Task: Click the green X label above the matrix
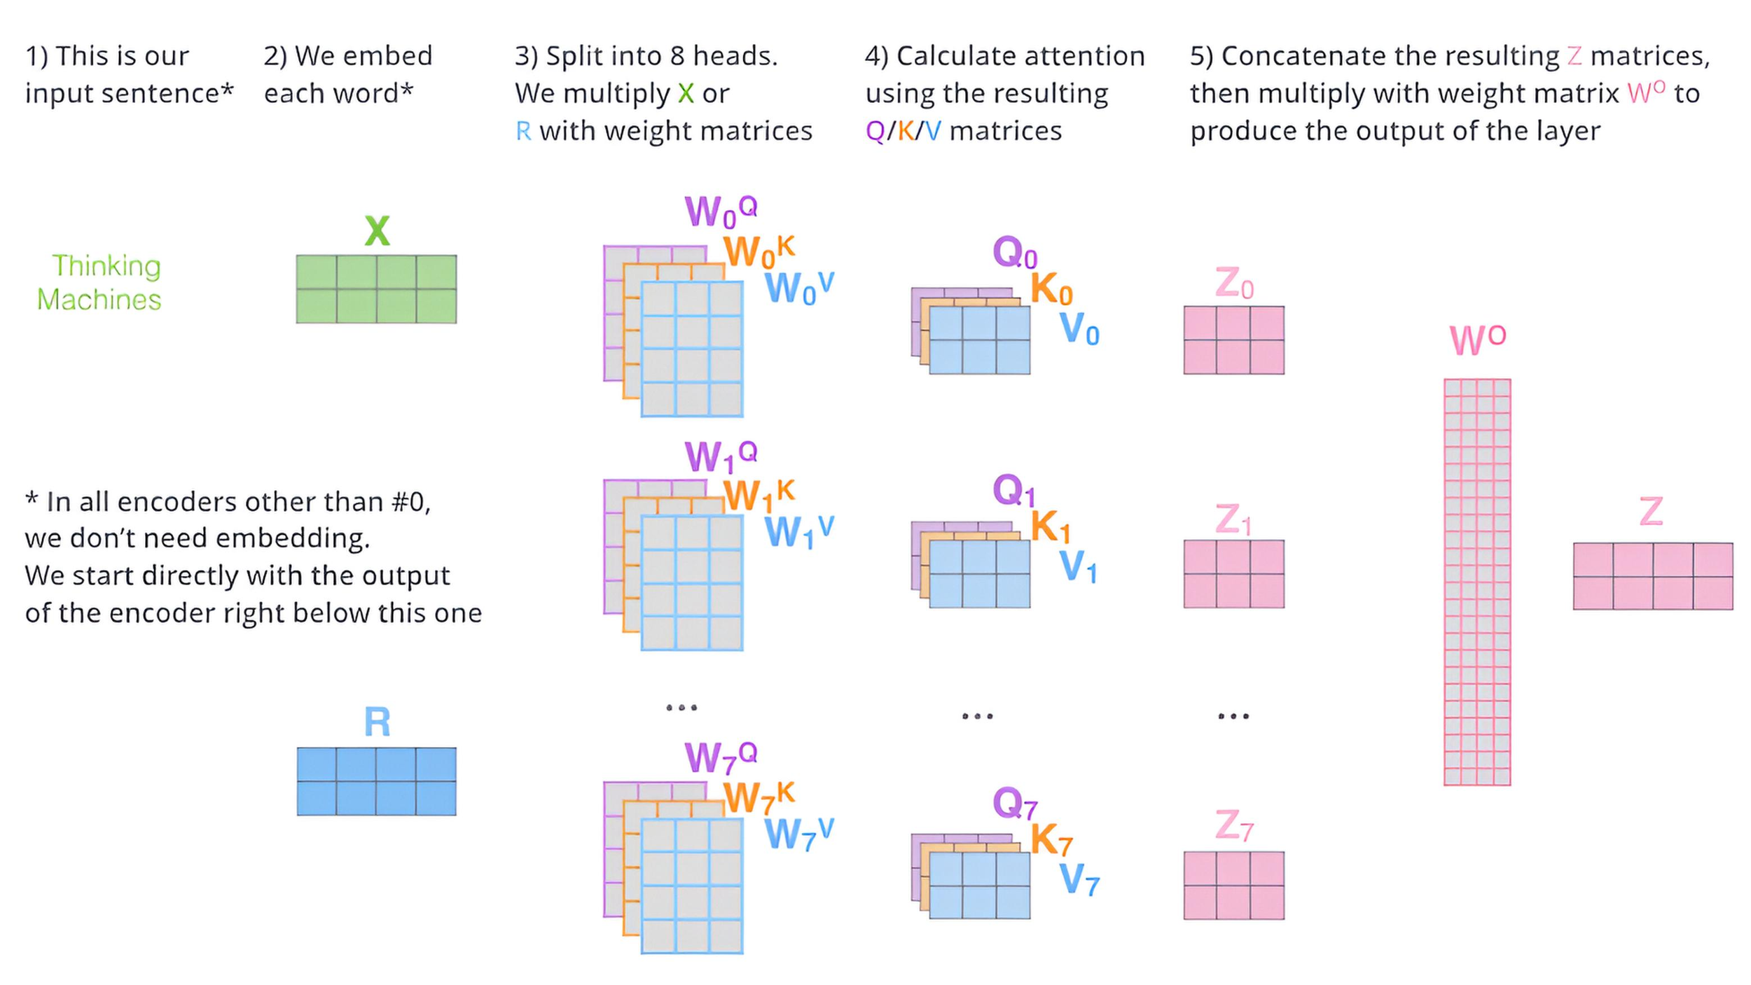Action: (377, 230)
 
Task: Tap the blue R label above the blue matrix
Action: (377, 722)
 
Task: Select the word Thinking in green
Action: (106, 266)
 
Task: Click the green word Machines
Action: (99, 300)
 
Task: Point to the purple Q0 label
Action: (1014, 252)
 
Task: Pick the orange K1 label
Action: (1051, 526)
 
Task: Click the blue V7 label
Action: (1079, 880)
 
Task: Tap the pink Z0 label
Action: (1233, 284)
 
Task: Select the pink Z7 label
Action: (1233, 825)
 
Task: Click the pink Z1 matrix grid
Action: (1233, 573)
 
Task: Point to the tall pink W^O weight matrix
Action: (1476, 582)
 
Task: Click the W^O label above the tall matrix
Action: (1476, 340)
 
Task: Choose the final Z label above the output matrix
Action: (1651, 512)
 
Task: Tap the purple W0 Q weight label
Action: (720, 211)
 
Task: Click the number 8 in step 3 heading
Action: (677, 56)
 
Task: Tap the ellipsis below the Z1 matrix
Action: (1233, 716)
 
